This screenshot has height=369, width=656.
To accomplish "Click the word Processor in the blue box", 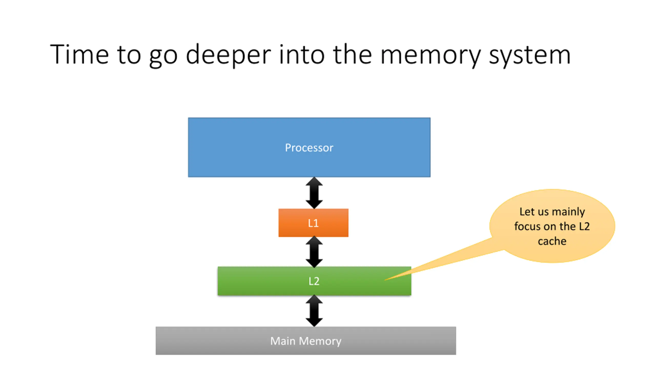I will click(x=309, y=148).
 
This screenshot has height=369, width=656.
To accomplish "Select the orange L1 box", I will click(x=313, y=223).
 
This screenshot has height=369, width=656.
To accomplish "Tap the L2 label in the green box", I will click(x=314, y=281).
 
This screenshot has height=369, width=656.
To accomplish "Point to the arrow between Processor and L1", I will click(x=314, y=193).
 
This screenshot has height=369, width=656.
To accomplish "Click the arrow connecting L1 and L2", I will click(x=314, y=252).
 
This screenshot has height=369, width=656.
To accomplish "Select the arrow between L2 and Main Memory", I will click(x=314, y=311).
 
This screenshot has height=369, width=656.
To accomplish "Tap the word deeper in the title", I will click(x=228, y=55).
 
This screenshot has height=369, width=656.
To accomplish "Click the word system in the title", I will click(x=530, y=55).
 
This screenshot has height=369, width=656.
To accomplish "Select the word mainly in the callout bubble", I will click(x=568, y=212).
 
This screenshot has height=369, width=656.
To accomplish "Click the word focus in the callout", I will click(x=527, y=227).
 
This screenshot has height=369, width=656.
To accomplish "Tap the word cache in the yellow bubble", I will click(x=552, y=241).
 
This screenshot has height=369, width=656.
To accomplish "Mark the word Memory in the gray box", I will click(x=320, y=341).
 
